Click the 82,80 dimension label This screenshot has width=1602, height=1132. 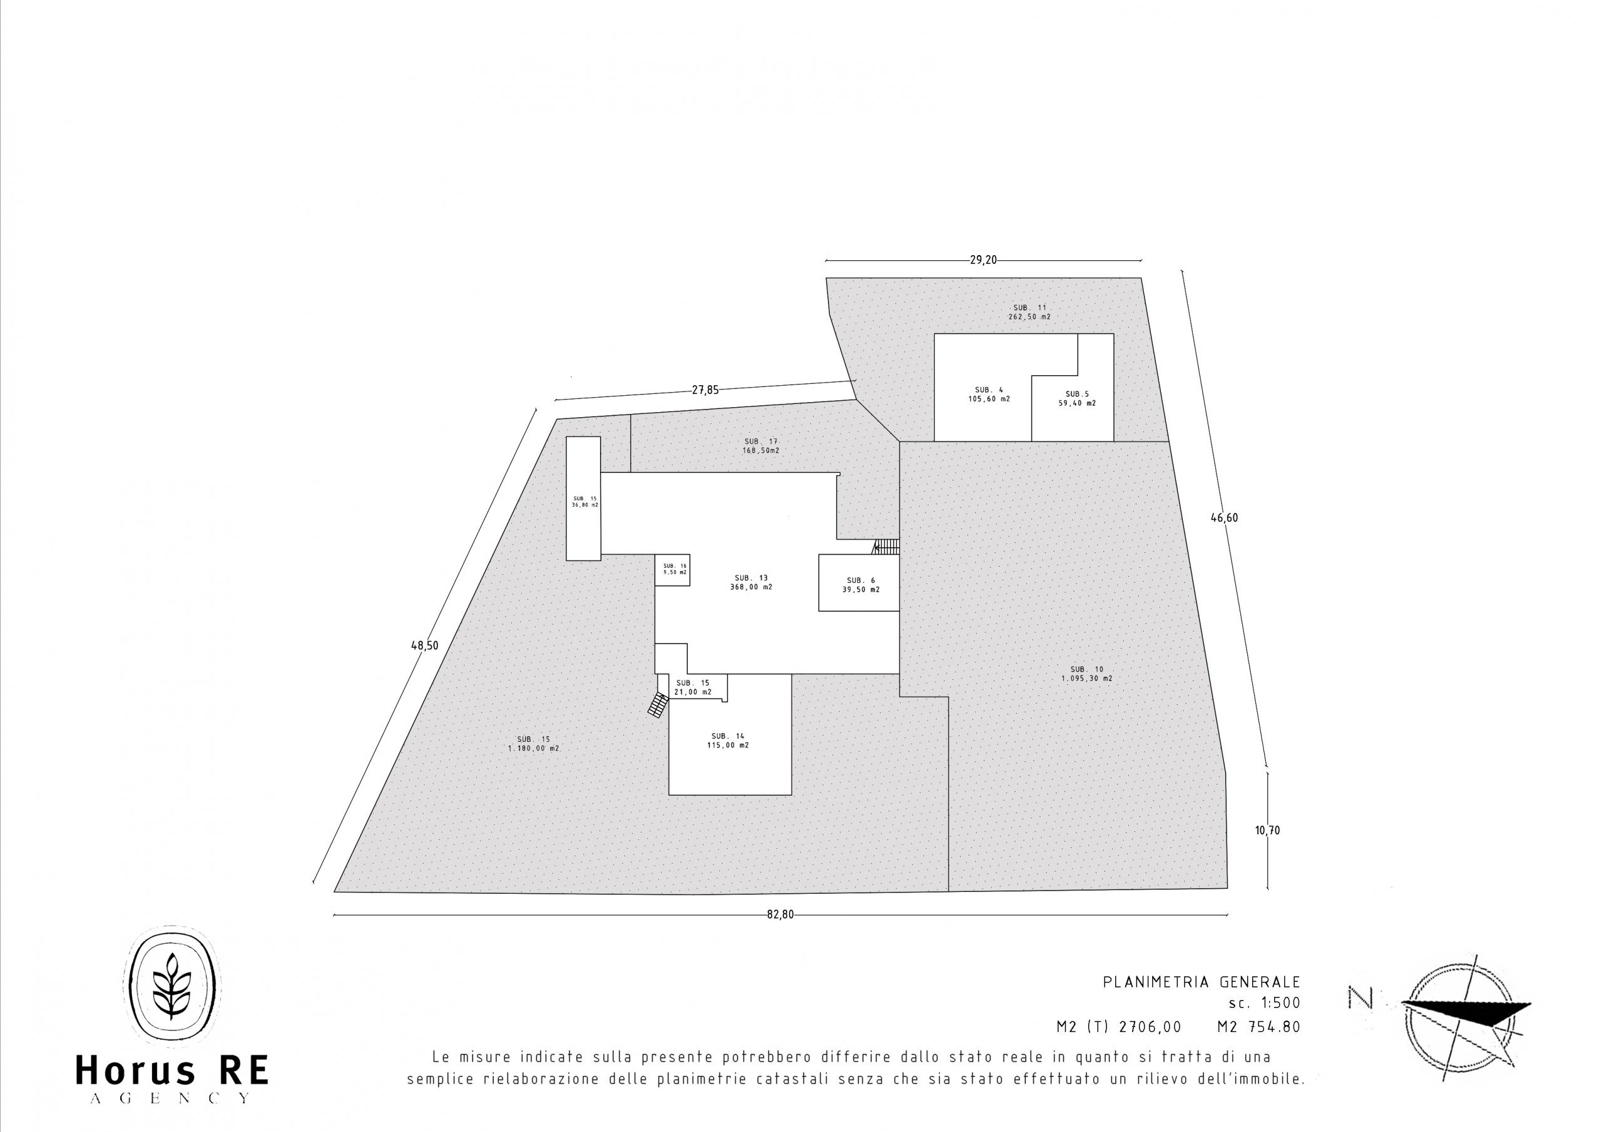pos(780,914)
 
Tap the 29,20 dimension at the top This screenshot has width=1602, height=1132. pos(983,260)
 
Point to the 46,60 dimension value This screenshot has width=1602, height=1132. pos(1224,517)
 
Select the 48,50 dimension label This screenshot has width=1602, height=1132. pos(424,646)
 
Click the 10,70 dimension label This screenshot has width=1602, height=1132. pos(1267,831)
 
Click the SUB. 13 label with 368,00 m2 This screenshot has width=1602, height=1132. pos(751,582)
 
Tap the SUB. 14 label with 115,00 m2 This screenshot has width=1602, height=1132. pos(728,740)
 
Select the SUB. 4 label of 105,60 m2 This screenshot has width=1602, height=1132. pos(989,395)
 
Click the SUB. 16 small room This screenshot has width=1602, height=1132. pos(673,570)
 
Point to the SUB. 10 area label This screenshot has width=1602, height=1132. pos(1086,674)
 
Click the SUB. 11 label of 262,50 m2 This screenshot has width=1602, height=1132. pos(1029,312)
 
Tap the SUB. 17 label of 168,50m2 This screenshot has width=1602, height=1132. pos(760,447)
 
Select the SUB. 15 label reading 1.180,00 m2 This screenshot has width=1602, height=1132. pos(534,744)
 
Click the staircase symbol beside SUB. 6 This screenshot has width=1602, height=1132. pos(886,547)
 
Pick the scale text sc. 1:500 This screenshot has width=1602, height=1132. pos(1263,1003)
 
